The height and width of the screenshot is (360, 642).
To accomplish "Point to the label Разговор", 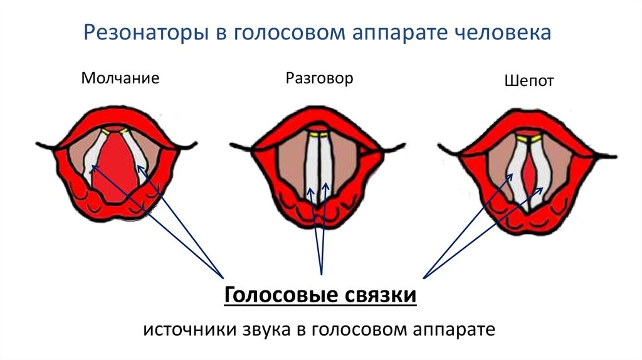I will coord(319,78).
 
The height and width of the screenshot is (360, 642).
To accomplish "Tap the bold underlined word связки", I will coord(379,294).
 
